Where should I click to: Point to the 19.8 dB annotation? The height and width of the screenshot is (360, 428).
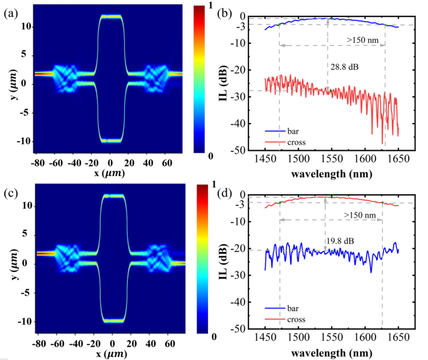tap(341, 242)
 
